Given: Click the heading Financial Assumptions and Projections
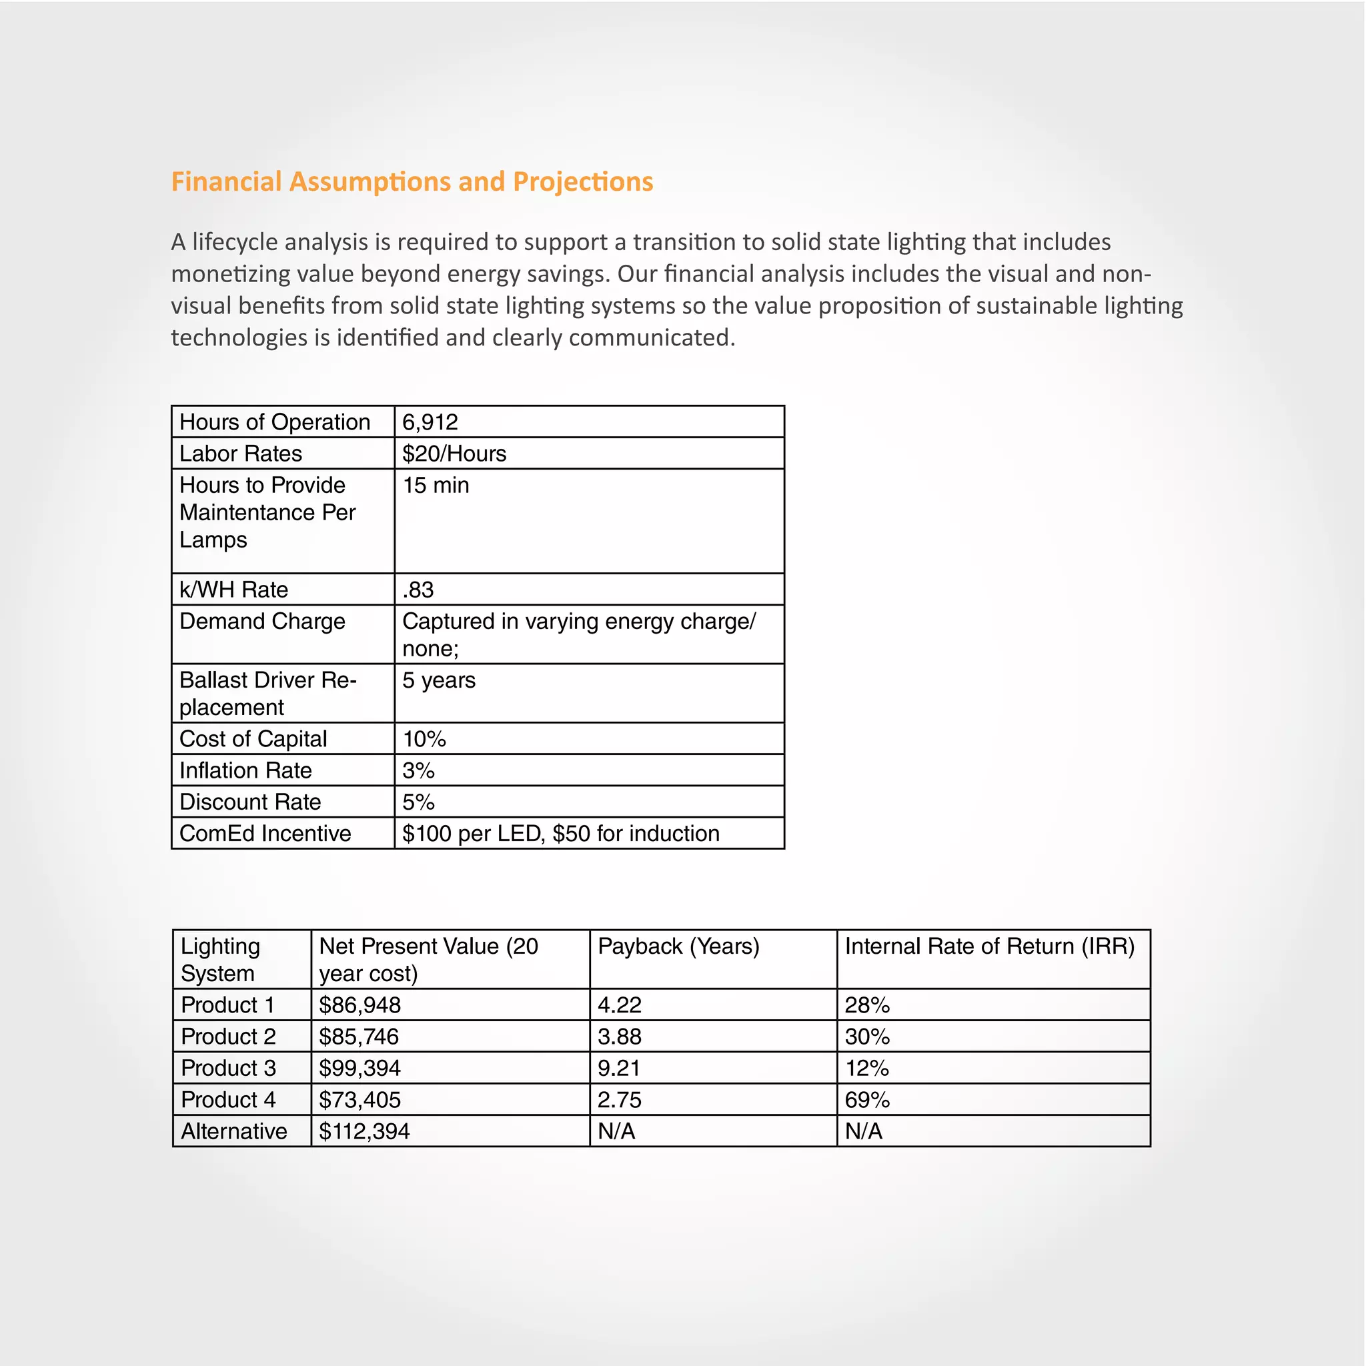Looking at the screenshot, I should tap(412, 181).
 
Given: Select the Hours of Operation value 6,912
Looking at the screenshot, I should tap(430, 422).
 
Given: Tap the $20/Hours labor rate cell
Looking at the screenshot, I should tap(454, 453).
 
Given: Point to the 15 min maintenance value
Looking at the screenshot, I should tap(436, 485).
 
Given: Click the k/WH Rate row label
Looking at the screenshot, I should tap(233, 589).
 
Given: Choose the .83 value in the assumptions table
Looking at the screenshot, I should tap(418, 589).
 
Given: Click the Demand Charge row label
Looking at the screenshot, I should tap(262, 621).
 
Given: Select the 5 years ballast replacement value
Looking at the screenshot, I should tap(438, 680).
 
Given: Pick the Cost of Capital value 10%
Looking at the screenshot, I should tap(424, 739).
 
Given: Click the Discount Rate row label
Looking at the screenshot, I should tap(250, 802).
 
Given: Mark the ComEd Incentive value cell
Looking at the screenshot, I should tap(561, 833).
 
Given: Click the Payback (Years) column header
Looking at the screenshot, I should tap(678, 946).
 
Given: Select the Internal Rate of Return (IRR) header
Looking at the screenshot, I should tap(989, 946).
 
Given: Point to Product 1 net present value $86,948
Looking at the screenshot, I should tap(360, 1004).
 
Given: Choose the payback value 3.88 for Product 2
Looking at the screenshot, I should tap(620, 1037).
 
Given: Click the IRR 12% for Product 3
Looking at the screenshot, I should tap(867, 1068).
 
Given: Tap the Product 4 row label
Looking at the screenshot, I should tap(228, 1099).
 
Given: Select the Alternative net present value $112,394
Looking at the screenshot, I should tap(364, 1131).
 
